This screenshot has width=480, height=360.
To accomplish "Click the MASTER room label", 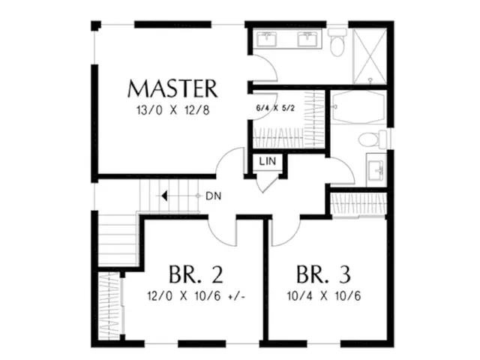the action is click(172, 88).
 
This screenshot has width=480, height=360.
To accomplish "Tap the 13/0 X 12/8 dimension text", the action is click(173, 110).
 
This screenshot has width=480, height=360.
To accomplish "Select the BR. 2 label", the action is click(196, 274).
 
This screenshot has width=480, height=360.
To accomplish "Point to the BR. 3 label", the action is click(323, 274).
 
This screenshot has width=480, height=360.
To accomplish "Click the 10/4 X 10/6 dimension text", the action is click(324, 296).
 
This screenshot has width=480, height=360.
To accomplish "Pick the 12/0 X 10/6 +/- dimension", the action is click(196, 296).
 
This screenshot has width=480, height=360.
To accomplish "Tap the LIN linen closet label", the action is click(267, 161).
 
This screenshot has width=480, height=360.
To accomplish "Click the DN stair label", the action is click(213, 196).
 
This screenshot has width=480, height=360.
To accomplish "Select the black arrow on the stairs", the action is click(164, 196).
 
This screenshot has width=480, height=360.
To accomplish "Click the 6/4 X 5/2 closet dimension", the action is click(275, 108).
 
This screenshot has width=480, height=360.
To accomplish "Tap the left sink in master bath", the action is click(267, 39).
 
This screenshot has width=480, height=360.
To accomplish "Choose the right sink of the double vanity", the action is click(308, 39).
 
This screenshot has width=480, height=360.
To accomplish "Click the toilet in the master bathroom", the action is click(337, 42).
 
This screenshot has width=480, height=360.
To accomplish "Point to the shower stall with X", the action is click(370, 56).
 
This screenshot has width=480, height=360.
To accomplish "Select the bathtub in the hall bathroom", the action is click(358, 107).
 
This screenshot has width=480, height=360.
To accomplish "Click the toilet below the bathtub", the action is click(373, 139).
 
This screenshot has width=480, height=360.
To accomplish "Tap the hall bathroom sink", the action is click(376, 169).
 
